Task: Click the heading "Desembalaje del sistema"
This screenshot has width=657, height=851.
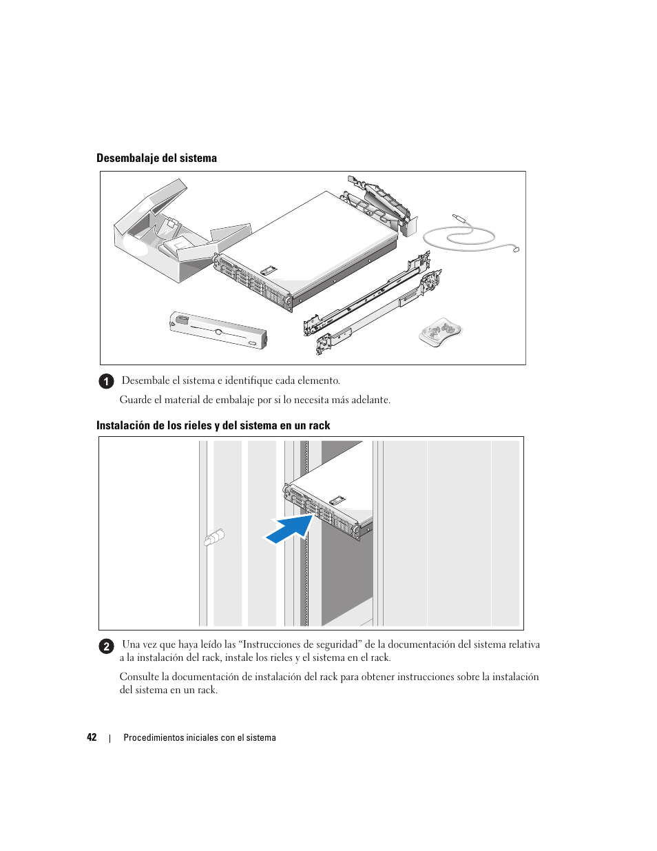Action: point(156,158)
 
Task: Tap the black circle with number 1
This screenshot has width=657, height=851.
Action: point(106,381)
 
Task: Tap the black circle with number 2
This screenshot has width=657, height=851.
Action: point(106,646)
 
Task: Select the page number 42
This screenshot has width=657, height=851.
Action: point(92,737)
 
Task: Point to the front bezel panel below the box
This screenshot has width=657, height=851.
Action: point(218,330)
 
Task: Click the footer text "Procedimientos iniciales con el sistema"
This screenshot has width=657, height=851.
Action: point(200,737)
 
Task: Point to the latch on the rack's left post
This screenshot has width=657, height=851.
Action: point(214,537)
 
